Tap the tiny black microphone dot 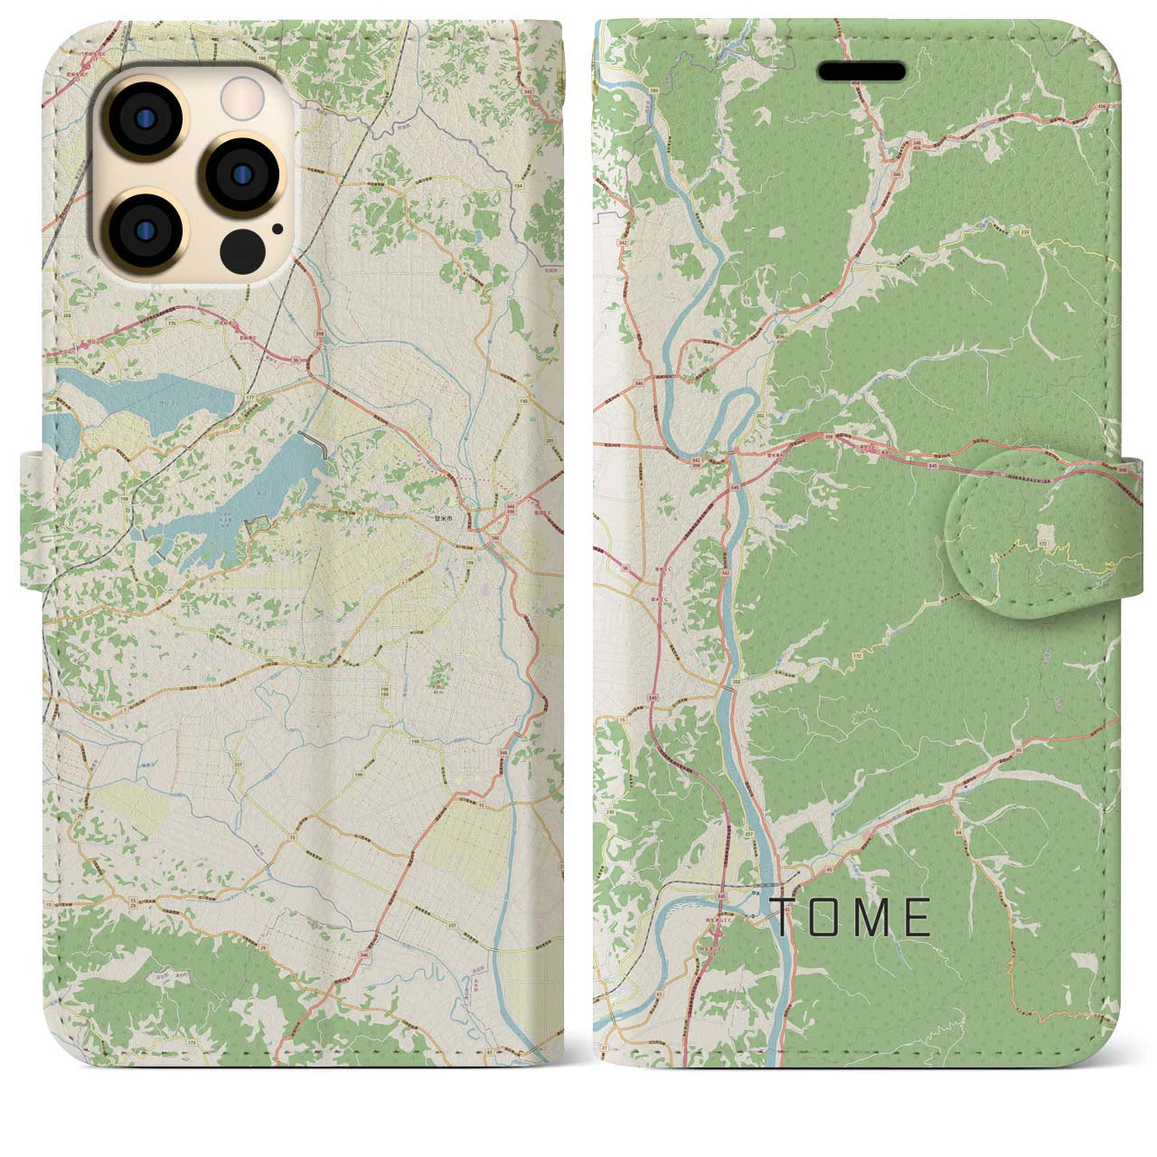click(x=277, y=229)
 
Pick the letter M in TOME click(x=874, y=917)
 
